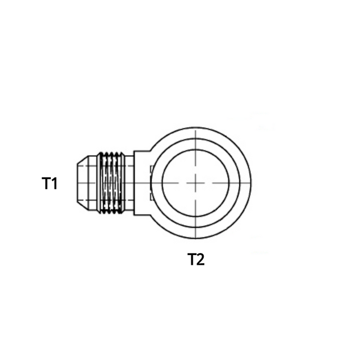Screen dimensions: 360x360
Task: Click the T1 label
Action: click(x=49, y=183)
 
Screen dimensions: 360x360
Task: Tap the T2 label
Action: click(x=196, y=259)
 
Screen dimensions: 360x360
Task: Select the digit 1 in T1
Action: click(x=55, y=183)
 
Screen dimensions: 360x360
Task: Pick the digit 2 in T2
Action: click(x=200, y=259)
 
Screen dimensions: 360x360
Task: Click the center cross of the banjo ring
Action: click(x=195, y=183)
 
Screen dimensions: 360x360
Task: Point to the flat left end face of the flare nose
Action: click(x=77, y=183)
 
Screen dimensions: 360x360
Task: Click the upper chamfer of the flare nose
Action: click(x=82, y=160)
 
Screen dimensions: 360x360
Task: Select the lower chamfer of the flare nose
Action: click(x=82, y=206)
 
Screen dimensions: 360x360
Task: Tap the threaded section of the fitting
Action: click(x=111, y=183)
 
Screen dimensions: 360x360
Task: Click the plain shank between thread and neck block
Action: click(x=129, y=183)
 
